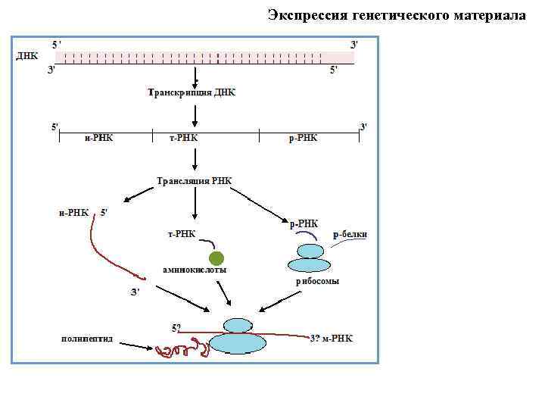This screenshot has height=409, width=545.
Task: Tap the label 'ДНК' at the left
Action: click(27, 57)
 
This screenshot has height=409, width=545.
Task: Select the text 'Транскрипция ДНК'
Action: click(192, 92)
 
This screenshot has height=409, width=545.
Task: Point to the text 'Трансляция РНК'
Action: click(194, 181)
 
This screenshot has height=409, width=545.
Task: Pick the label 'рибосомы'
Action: click(317, 281)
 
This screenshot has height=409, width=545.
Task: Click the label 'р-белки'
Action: click(350, 234)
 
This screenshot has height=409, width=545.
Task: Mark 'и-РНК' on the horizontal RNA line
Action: click(98, 137)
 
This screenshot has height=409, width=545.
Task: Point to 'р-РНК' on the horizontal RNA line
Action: click(304, 137)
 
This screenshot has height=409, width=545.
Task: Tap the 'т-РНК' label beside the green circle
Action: click(181, 234)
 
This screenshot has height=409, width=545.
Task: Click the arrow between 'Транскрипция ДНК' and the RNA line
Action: click(195, 114)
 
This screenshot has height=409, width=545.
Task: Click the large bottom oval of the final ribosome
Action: click(239, 344)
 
